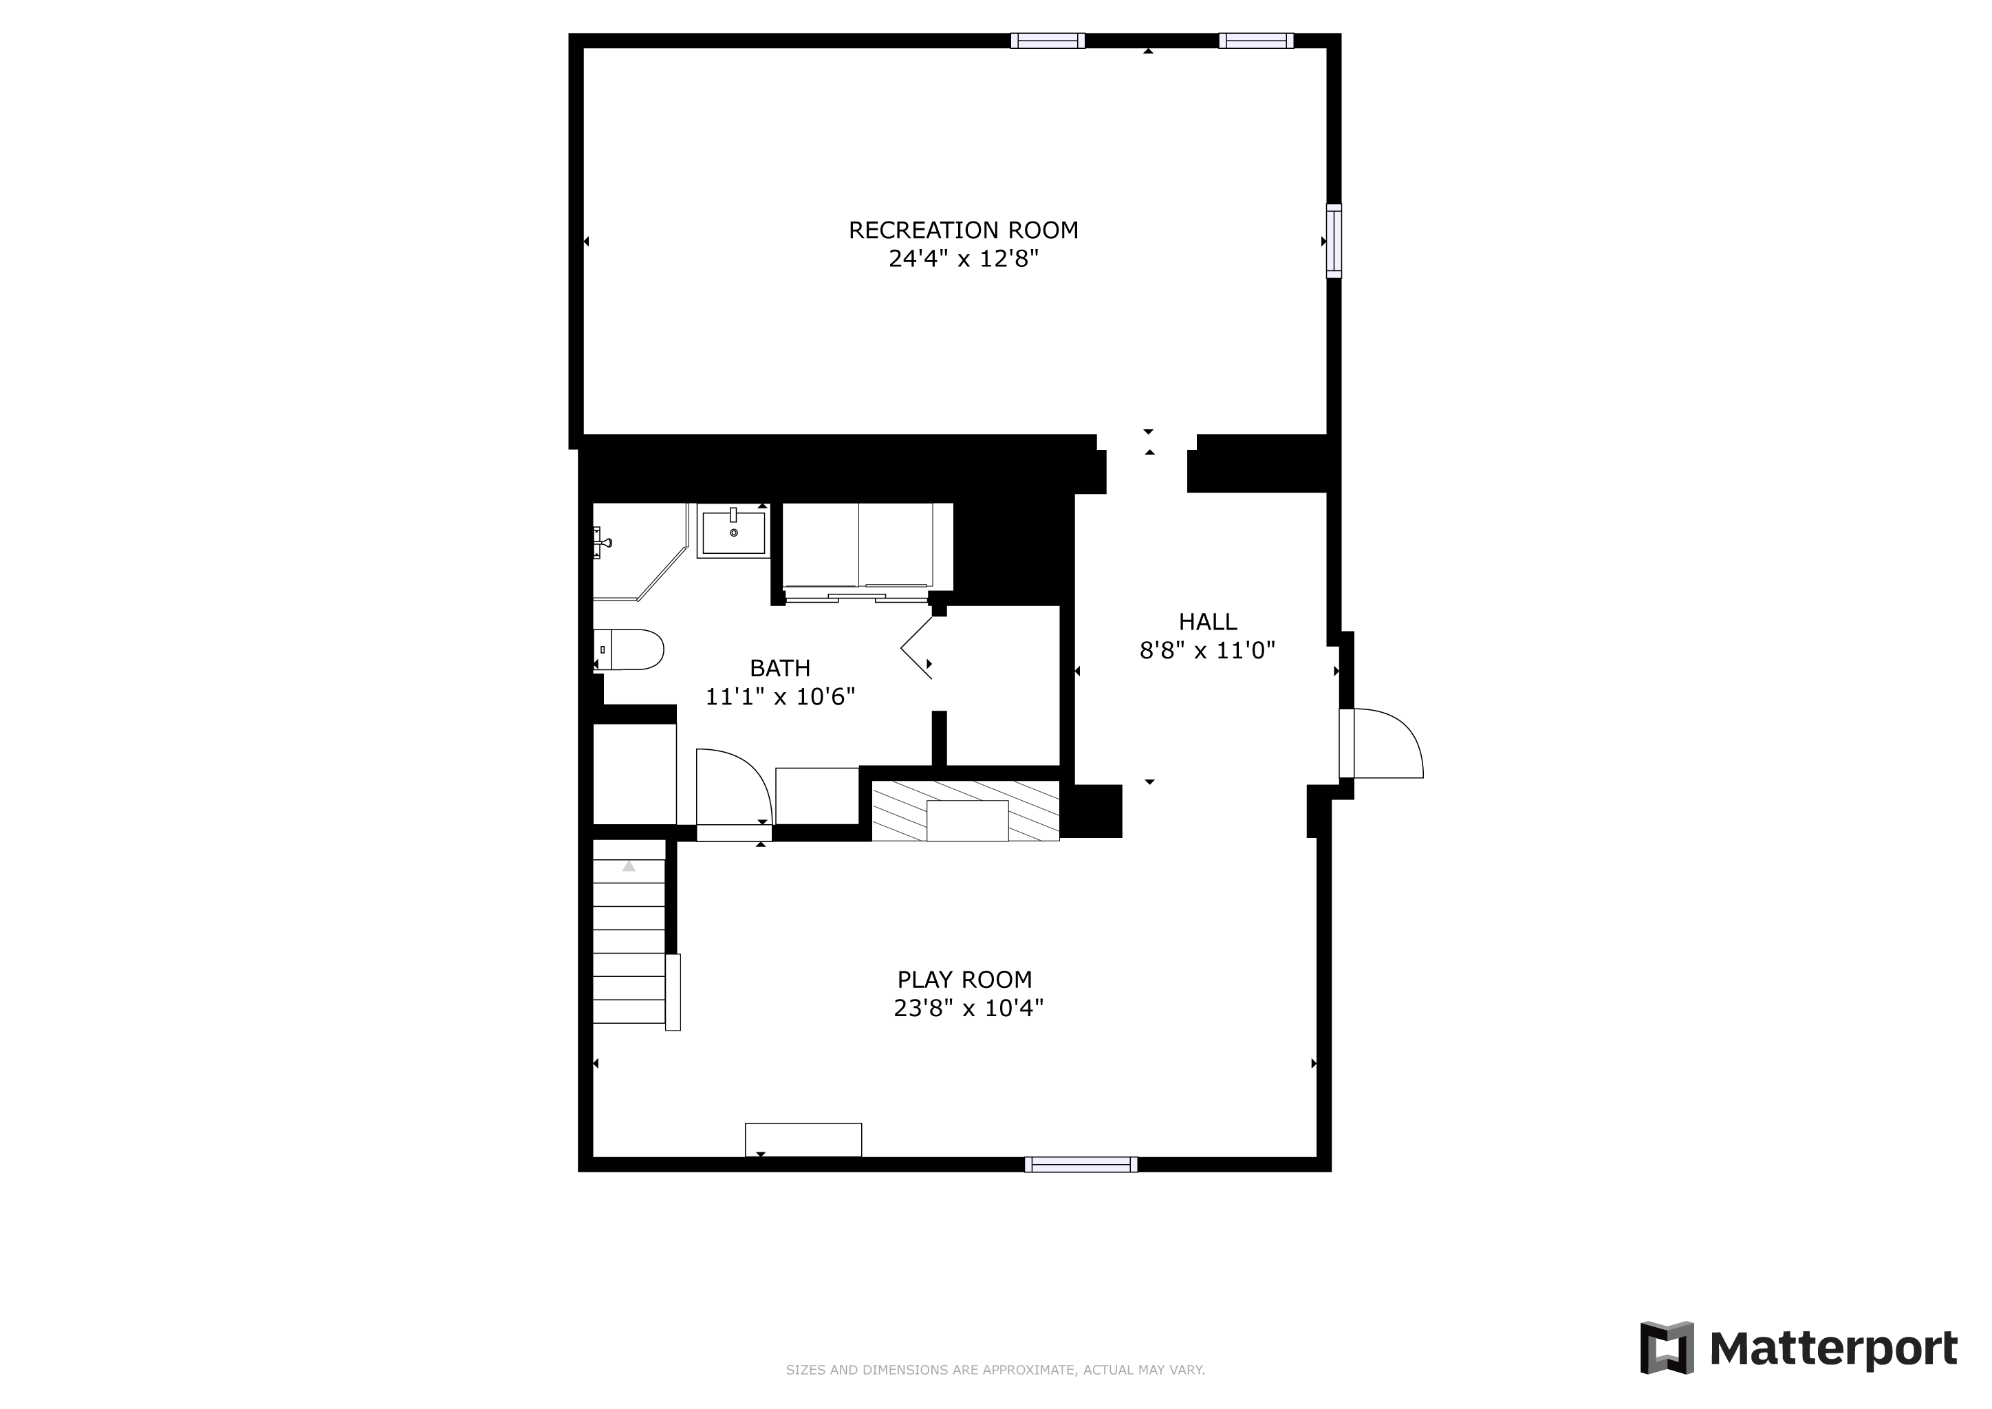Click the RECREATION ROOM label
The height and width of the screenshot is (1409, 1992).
pyautogui.click(x=963, y=230)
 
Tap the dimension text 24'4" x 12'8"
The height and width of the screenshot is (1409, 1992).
pyautogui.click(x=963, y=259)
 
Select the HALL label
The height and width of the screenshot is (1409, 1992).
pyautogui.click(x=1208, y=621)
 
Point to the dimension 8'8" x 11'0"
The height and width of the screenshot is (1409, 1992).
pyautogui.click(x=1208, y=650)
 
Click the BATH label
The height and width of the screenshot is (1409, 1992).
pyautogui.click(x=780, y=668)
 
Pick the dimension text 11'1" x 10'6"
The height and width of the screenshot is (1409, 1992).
pyautogui.click(x=780, y=697)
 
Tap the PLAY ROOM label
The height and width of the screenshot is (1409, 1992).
pyautogui.click(x=965, y=980)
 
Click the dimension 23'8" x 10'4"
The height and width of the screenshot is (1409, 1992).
pyautogui.click(x=968, y=1008)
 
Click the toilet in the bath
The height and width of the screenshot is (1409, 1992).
pyautogui.click(x=629, y=650)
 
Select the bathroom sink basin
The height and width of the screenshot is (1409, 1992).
pyautogui.click(x=734, y=531)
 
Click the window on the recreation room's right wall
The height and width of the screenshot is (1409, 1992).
pyautogui.click(x=1334, y=241)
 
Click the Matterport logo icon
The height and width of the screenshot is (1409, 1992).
pyautogui.click(x=1667, y=1347)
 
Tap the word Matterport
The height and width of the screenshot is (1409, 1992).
pyautogui.click(x=1833, y=1349)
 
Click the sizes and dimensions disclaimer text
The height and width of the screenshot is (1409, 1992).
pyautogui.click(x=995, y=1370)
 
